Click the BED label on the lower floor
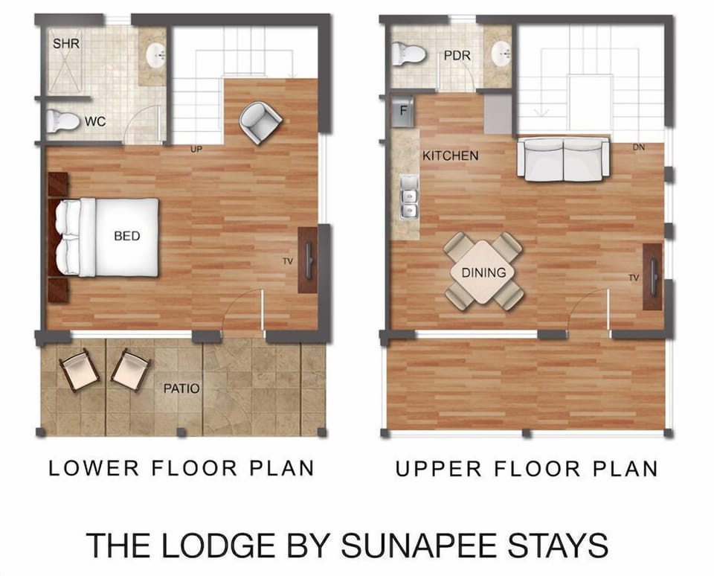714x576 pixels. coord(127,236)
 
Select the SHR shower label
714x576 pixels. coord(66,44)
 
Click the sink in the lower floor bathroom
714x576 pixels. coord(155,54)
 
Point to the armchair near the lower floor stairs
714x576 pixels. coord(260,121)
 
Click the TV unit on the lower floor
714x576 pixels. coord(308,260)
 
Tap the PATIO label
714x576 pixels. coord(181,388)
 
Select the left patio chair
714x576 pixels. coord(79,370)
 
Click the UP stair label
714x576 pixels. coord(196,150)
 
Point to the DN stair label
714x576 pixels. coord(638,147)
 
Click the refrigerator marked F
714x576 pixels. coord(402,110)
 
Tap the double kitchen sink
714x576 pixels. coord(409,198)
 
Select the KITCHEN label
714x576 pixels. coord(450,156)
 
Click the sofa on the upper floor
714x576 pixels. coord(563,159)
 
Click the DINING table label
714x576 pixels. coord(483,272)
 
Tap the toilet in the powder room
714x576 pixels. coord(408,54)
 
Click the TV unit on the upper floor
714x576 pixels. coord(652,277)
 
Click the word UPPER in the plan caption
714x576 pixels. coord(435,469)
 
